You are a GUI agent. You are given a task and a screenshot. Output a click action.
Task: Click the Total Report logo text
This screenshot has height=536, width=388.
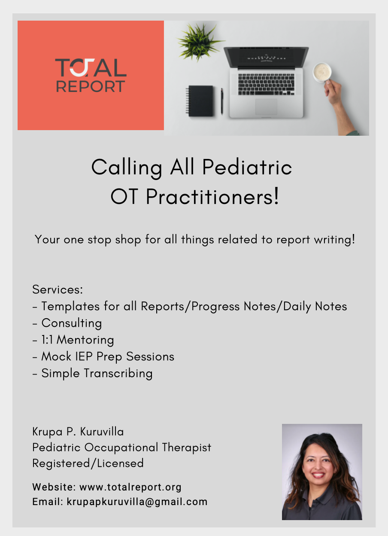(x=91, y=76)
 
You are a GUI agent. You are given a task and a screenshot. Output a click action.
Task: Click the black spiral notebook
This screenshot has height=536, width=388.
(x=200, y=101)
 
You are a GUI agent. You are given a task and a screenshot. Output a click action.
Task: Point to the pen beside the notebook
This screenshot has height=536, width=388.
(x=222, y=101)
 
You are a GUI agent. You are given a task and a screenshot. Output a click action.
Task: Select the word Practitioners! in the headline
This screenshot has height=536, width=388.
(x=212, y=197)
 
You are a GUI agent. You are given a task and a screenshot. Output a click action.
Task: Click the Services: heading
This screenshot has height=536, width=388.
(x=58, y=289)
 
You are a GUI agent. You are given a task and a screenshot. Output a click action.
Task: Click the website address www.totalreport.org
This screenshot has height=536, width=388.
(x=130, y=487)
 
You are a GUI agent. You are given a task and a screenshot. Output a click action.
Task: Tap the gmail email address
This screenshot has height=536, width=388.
(x=137, y=501)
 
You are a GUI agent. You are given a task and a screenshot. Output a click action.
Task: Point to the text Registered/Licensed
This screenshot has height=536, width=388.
(x=88, y=463)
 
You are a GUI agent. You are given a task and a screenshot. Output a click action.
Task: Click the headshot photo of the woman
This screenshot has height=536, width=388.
(x=322, y=472)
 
